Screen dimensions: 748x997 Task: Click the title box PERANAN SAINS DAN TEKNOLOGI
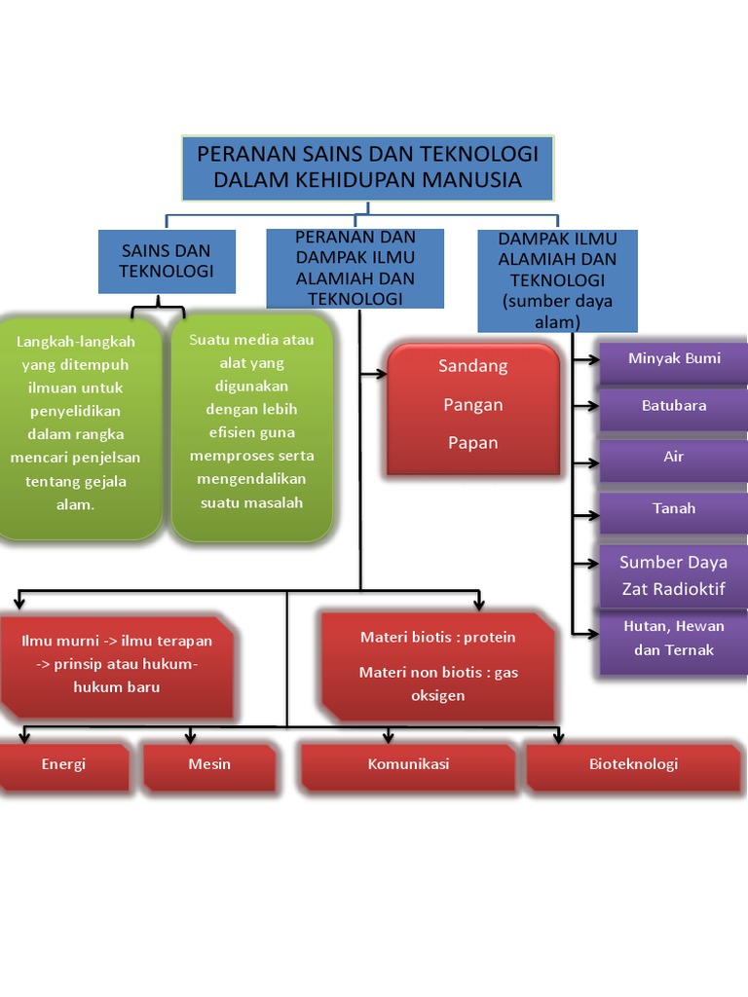(x=367, y=167)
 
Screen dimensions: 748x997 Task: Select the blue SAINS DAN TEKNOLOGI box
(x=167, y=261)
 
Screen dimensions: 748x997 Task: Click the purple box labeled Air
(x=674, y=461)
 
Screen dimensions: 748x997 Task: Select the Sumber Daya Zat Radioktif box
(x=674, y=576)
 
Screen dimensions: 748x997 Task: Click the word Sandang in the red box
(x=472, y=366)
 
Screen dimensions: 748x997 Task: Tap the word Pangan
(x=472, y=405)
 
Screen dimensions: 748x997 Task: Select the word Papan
(x=472, y=443)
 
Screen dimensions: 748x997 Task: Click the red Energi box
(x=63, y=767)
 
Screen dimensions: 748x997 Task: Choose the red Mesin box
(x=209, y=767)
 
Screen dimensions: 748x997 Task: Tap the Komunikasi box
(x=408, y=767)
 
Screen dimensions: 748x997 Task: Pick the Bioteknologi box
(x=633, y=767)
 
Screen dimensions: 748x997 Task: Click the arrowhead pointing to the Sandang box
(x=382, y=374)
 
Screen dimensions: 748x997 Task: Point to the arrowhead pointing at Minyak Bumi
(x=593, y=360)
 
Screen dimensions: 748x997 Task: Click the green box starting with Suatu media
(x=252, y=427)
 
